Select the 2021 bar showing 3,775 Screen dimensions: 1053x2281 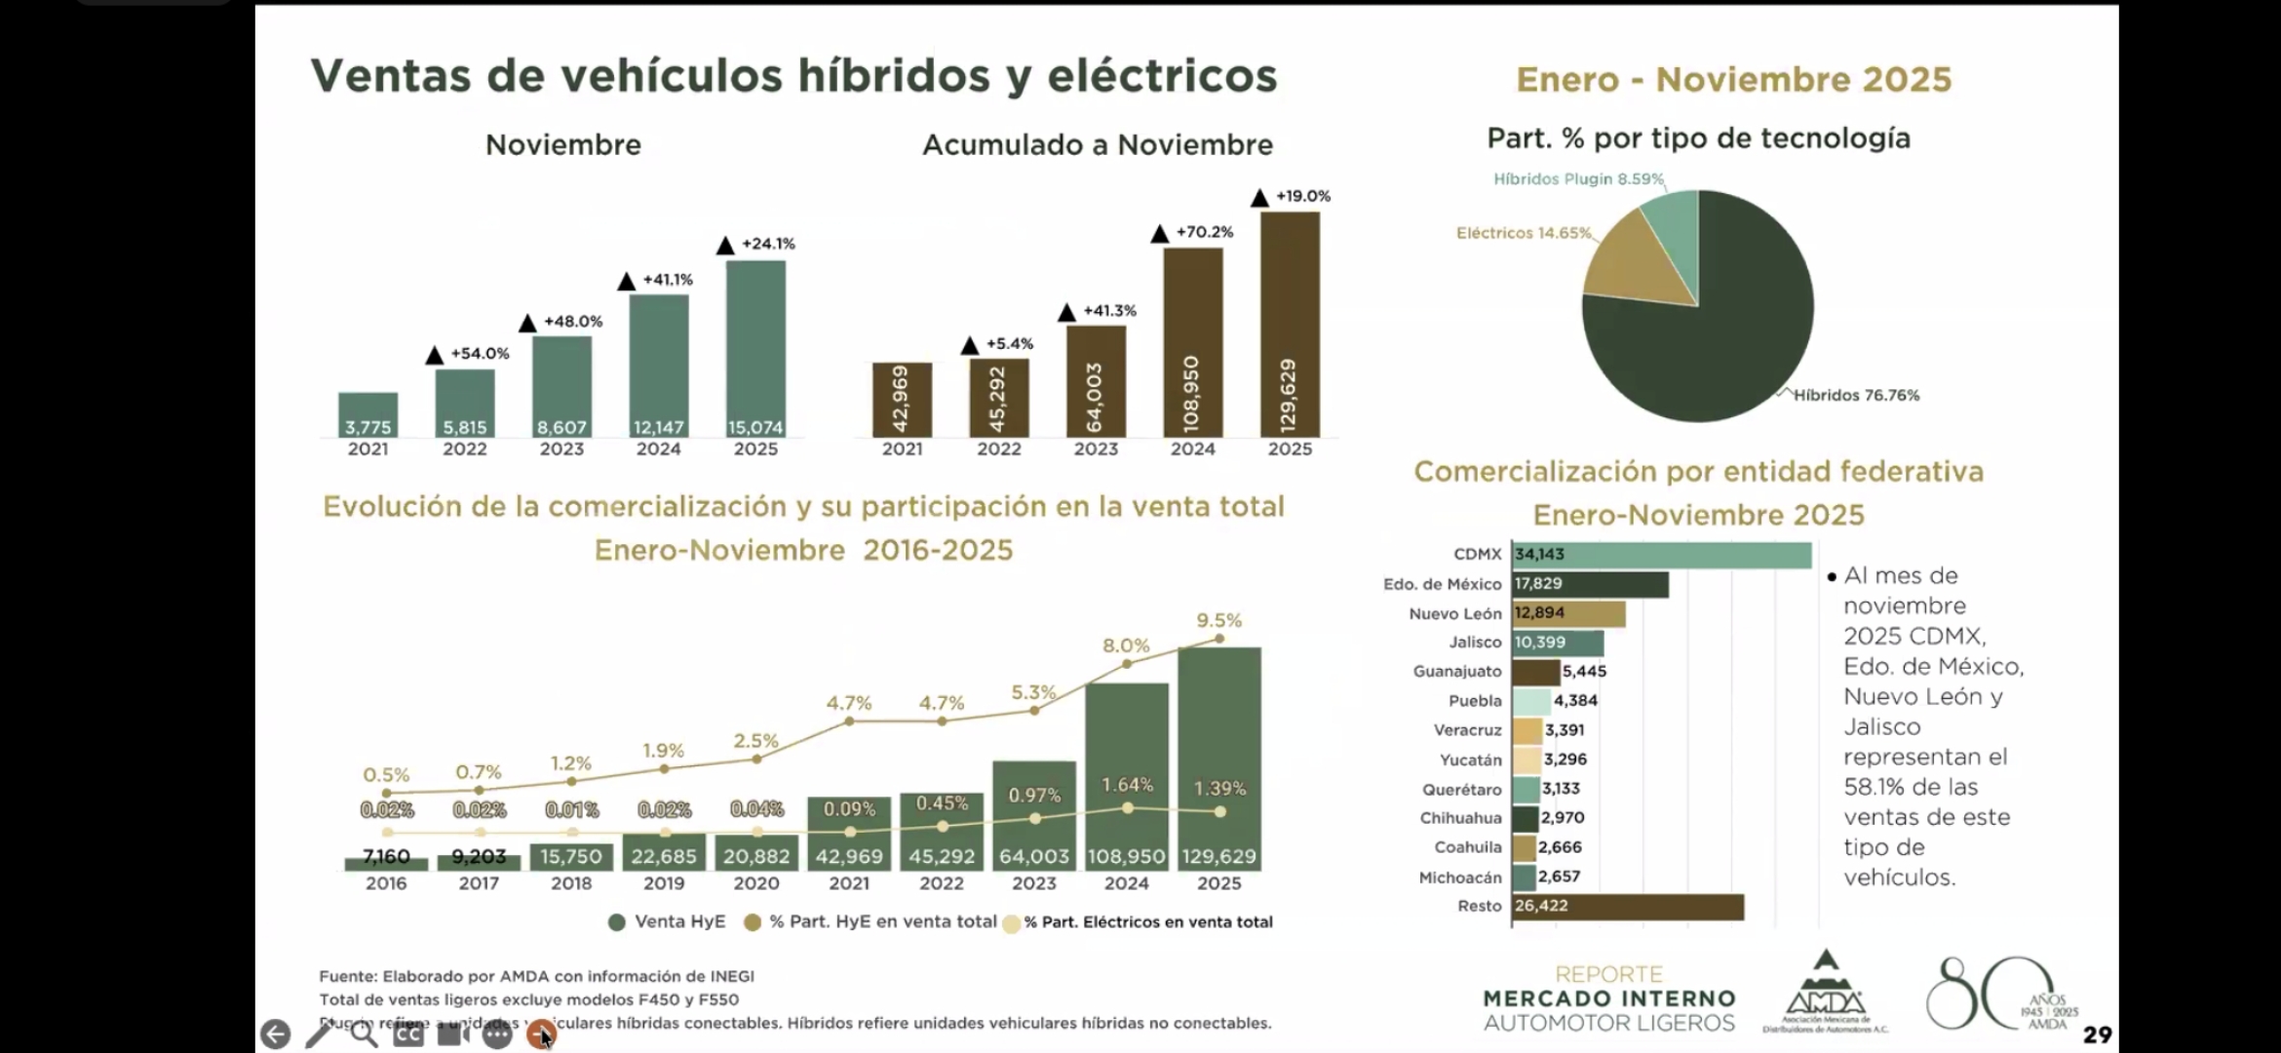(x=367, y=414)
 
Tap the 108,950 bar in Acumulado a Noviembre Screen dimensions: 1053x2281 (x=1192, y=341)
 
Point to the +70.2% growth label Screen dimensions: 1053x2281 (x=1204, y=232)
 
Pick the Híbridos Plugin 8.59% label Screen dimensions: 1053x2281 (x=1578, y=179)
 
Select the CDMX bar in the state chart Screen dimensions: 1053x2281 (x=1661, y=555)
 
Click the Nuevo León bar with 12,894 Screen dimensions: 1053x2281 (x=1568, y=613)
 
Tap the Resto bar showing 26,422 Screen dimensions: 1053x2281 (x=1627, y=906)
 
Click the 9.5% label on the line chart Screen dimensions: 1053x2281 (x=1218, y=620)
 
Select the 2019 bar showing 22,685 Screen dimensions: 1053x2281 (x=664, y=851)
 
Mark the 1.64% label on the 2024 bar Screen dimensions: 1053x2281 (x=1127, y=785)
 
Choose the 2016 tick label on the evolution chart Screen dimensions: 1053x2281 (x=386, y=883)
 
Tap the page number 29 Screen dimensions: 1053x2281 (x=2097, y=1034)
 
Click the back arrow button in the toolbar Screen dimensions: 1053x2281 (x=275, y=1034)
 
